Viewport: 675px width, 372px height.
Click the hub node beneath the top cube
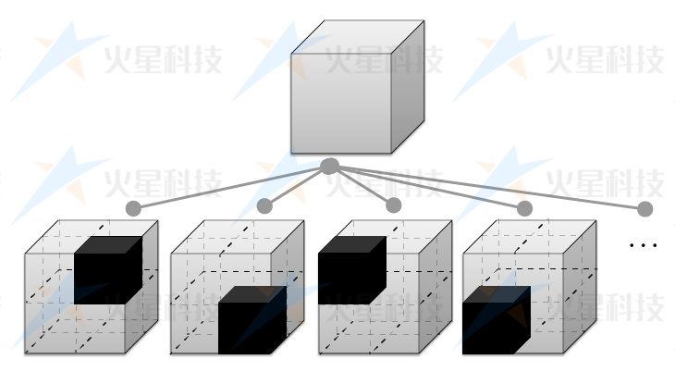pyautogui.click(x=329, y=167)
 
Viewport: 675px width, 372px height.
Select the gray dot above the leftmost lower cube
pyautogui.click(x=134, y=208)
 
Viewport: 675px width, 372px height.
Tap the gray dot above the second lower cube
pyautogui.click(x=265, y=205)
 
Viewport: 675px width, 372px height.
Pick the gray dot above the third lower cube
pyautogui.click(x=394, y=205)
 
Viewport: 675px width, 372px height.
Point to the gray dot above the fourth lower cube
pyautogui.click(x=524, y=208)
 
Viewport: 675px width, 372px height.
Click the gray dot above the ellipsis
pyautogui.click(x=644, y=208)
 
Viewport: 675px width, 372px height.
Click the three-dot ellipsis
pyautogui.click(x=643, y=245)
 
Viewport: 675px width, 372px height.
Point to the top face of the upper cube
pyautogui.click(x=357, y=38)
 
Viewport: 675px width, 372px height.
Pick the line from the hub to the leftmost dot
pyautogui.click(x=231, y=187)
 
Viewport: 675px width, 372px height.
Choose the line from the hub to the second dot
pyautogui.click(x=296, y=187)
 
